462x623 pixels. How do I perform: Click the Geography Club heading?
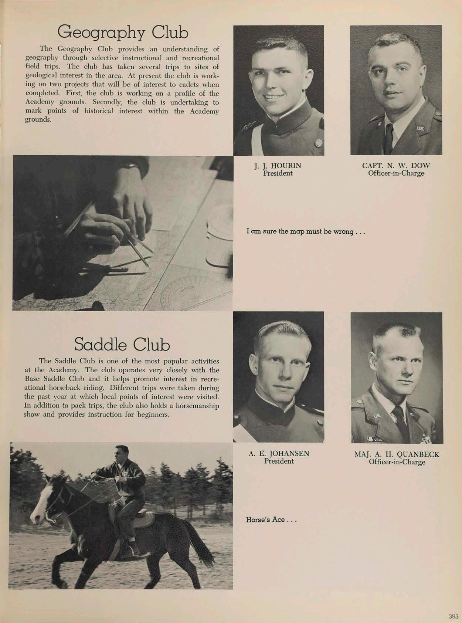coord(122,32)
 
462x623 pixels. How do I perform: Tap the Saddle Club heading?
coord(122,344)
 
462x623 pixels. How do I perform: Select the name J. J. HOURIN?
coord(278,166)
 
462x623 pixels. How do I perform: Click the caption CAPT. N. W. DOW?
coord(396,166)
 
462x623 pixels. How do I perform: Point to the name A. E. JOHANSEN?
coord(279,453)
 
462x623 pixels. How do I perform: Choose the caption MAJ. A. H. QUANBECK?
coord(397,454)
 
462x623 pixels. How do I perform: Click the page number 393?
coord(453,616)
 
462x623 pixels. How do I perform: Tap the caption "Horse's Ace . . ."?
coord(272,519)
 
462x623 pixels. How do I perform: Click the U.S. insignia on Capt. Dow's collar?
coord(421,128)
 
